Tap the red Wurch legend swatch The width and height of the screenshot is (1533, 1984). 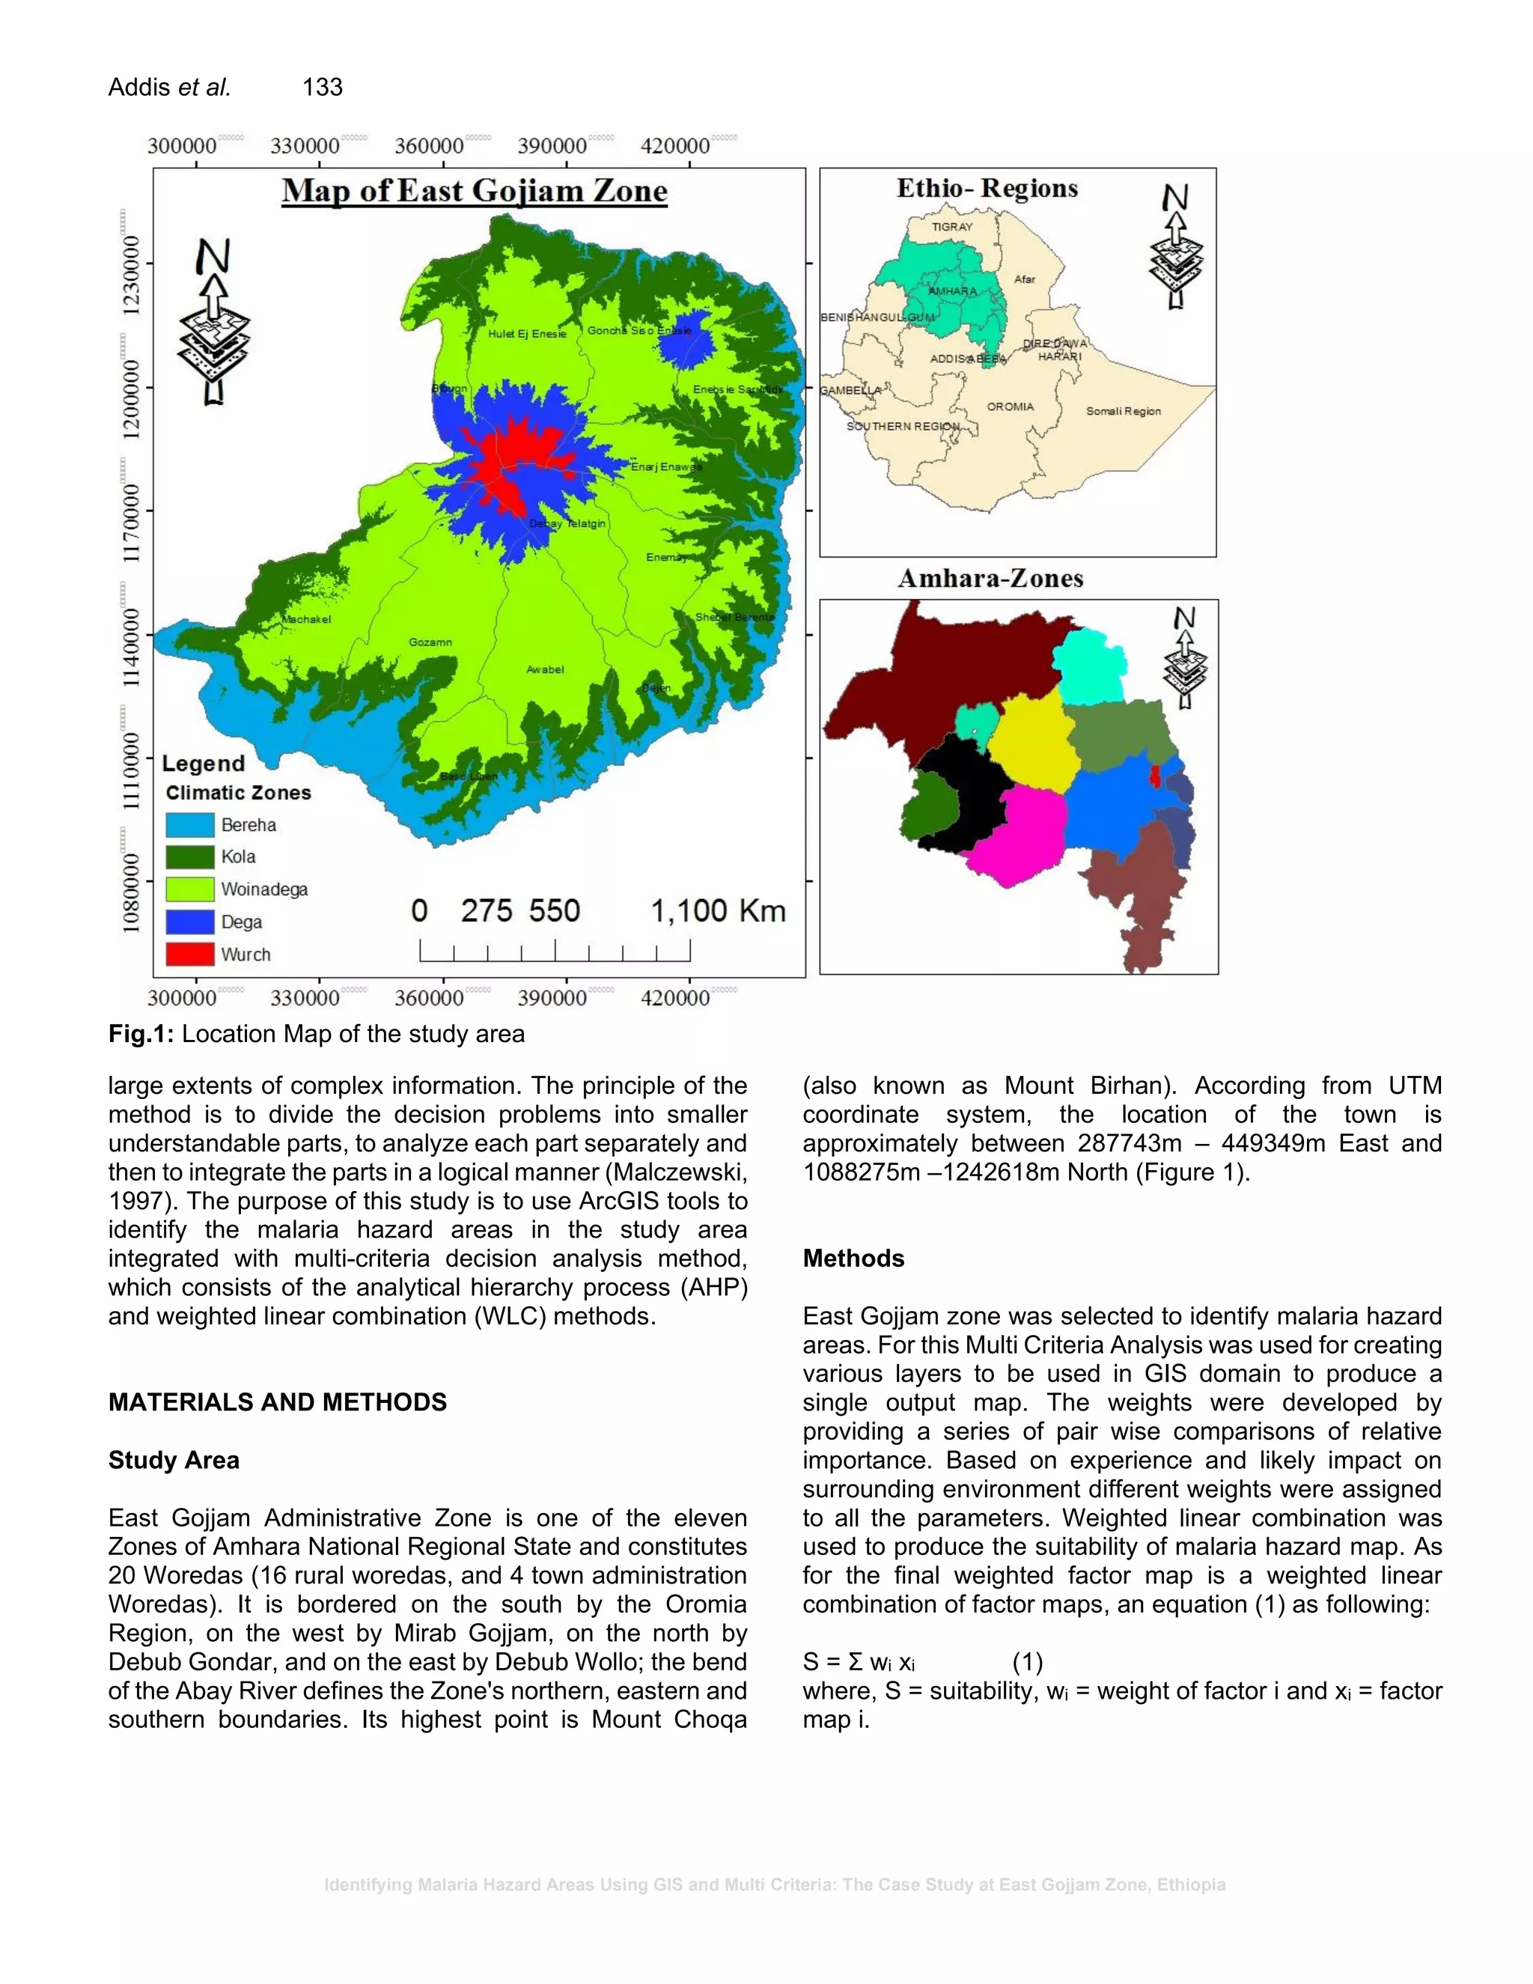(x=190, y=954)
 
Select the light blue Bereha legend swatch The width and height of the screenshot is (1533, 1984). (x=190, y=825)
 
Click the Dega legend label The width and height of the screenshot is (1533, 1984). (x=242, y=922)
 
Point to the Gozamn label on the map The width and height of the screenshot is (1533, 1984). (x=430, y=642)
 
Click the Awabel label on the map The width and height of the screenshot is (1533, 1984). (x=545, y=669)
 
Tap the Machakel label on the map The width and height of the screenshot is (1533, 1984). (x=307, y=620)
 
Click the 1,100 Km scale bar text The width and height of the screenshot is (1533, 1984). (x=717, y=910)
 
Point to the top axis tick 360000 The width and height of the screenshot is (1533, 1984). (x=429, y=146)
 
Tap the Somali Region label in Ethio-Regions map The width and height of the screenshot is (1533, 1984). (x=1124, y=412)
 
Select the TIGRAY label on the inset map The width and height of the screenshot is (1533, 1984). (x=952, y=227)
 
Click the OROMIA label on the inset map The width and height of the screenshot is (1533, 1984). (x=1010, y=407)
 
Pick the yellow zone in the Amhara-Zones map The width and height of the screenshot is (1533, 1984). (x=1034, y=740)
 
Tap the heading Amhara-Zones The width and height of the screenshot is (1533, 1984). (x=991, y=579)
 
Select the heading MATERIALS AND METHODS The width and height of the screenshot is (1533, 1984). (x=277, y=1402)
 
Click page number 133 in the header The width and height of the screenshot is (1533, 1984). (x=323, y=87)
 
